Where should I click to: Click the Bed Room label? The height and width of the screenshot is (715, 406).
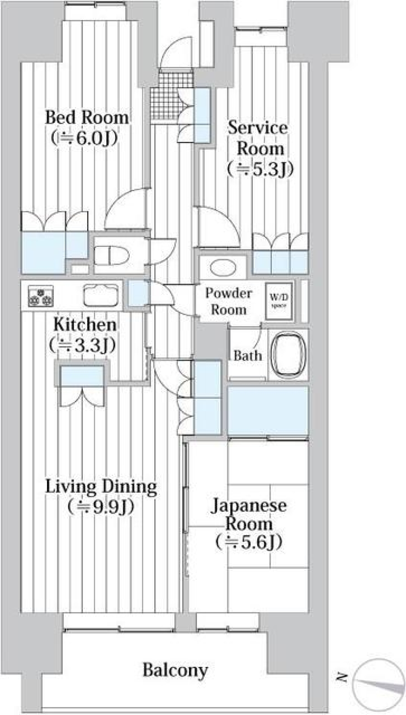click(87, 117)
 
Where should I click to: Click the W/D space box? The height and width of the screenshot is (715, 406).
click(279, 300)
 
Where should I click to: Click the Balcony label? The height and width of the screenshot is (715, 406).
click(175, 670)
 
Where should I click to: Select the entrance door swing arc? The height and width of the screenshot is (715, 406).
click(177, 52)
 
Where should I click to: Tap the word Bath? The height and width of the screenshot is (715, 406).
click(248, 356)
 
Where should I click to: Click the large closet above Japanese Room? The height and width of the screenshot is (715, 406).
click(268, 411)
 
